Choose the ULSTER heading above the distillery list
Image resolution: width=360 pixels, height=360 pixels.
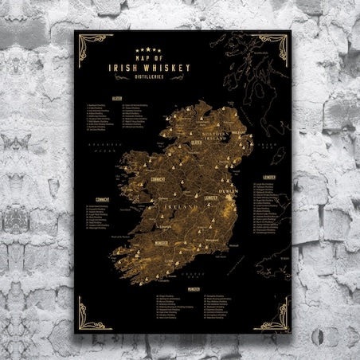click(x=116, y=96)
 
